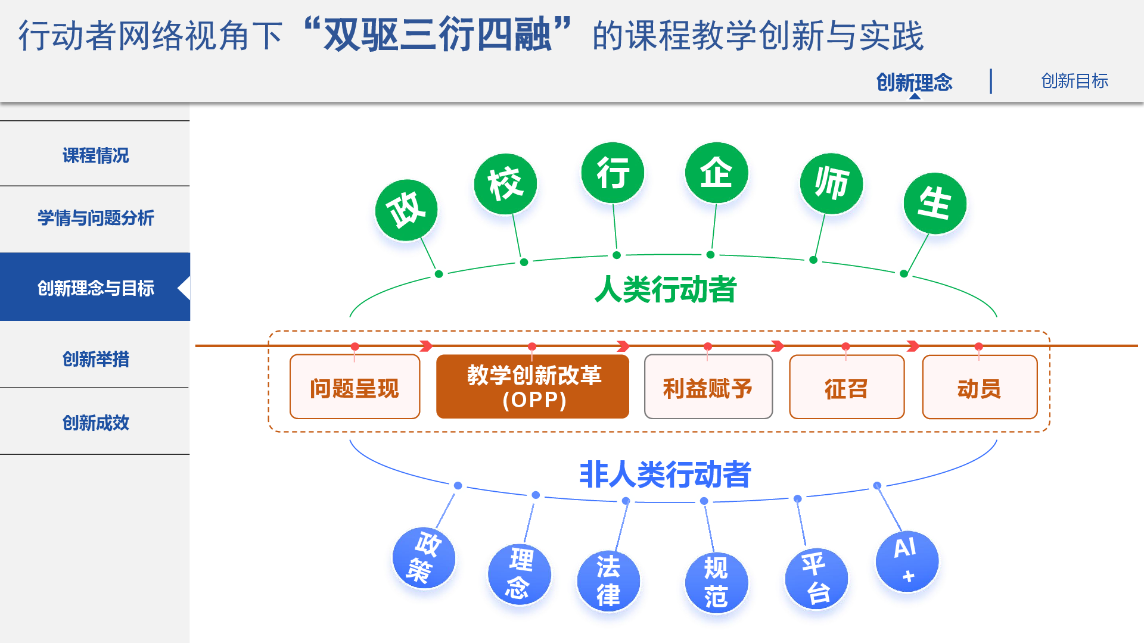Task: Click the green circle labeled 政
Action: coord(406,210)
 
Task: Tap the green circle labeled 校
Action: coord(505,184)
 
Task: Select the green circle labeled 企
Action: coord(716,173)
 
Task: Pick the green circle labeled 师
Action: coord(831,183)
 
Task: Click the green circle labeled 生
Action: coord(935,204)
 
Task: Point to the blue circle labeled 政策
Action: coord(424,558)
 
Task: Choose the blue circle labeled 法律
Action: coord(608,581)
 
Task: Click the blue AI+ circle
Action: coord(907,561)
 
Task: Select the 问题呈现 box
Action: coord(355,387)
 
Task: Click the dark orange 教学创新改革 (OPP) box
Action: coord(533,387)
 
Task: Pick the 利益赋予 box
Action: coord(708,387)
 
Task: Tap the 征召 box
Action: coord(847,387)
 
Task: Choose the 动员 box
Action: coord(980,387)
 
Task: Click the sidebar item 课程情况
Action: coord(95,155)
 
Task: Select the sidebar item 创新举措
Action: coord(95,359)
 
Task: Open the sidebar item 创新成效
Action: coord(95,423)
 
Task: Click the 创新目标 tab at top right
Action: coord(1074,81)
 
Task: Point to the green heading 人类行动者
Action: coord(666,289)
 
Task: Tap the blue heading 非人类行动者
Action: coord(665,475)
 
